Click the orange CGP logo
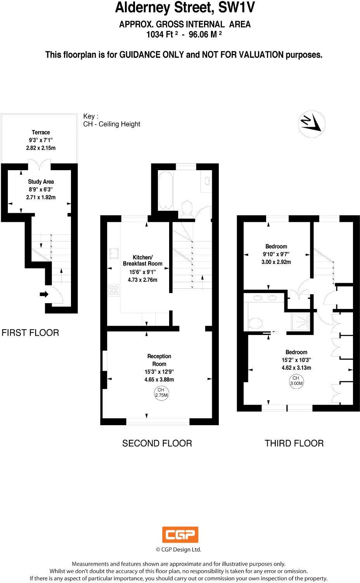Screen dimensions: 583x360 [x=180, y=535]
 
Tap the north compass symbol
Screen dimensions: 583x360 [x=312, y=124]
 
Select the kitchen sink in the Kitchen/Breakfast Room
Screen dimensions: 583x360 [x=114, y=253]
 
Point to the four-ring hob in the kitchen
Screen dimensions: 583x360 [x=114, y=290]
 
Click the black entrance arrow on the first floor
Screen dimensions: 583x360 [x=44, y=294]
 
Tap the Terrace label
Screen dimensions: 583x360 [x=41, y=132]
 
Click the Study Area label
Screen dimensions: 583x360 [x=41, y=181]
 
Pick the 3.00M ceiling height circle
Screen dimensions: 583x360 [x=296, y=381]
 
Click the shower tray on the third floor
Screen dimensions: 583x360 [x=301, y=321]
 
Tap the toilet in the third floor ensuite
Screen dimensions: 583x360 [x=255, y=323]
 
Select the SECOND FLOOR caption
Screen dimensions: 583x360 [x=157, y=443]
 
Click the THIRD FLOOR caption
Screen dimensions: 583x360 [x=294, y=443]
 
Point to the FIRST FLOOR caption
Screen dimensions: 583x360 [x=30, y=333]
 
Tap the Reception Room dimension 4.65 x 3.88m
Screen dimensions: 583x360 [x=159, y=379]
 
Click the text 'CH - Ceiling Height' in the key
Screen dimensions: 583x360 [x=112, y=124]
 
